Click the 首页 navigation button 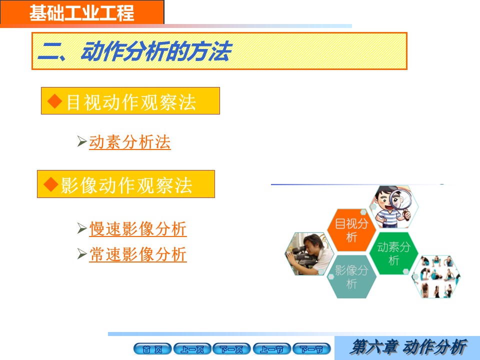pos(152,349)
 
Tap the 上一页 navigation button pos(192,349)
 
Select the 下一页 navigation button pos(231,349)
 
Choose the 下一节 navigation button pos(311,349)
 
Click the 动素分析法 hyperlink pos(130,142)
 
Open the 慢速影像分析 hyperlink pos(138,228)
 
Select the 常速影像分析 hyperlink pos(138,254)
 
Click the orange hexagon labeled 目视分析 pos(351,230)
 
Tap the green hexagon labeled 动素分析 pos(393,253)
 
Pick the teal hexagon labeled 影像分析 pos(351,276)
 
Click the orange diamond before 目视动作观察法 pos(55,101)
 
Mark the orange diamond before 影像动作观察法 pos(51,184)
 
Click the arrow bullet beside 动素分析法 pos(82,141)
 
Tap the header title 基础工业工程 pos(81,13)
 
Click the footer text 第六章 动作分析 pos(408,347)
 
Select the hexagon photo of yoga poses pos(436,276)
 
